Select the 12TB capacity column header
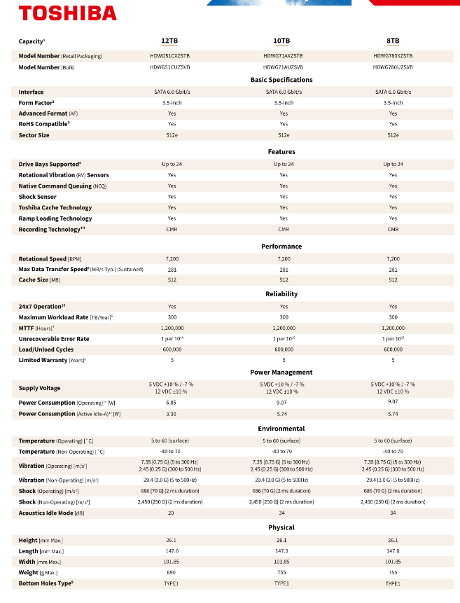click(172, 41)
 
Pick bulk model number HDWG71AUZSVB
click(283, 67)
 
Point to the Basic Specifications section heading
click(281, 80)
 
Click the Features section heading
click(281, 152)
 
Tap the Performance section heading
click(281, 247)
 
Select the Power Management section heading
click(281, 373)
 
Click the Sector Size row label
click(34, 135)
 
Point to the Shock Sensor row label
click(39, 197)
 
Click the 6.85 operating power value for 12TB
click(172, 403)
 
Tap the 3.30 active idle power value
click(172, 414)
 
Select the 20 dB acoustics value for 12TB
click(172, 513)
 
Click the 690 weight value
click(172, 573)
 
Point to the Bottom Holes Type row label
click(46, 583)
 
